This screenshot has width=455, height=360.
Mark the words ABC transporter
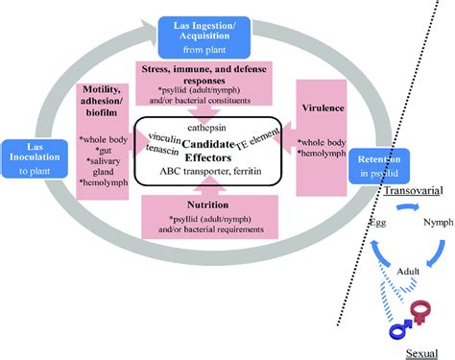tap(198, 172)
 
